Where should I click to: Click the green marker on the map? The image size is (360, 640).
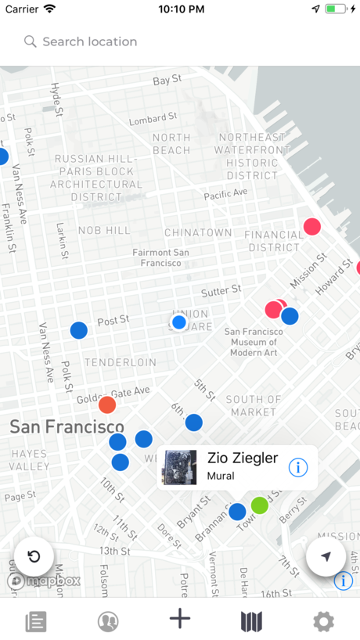260,505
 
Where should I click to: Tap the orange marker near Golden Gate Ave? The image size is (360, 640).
107,404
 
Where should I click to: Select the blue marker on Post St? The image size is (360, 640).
79,330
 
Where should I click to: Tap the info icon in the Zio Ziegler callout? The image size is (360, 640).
298,467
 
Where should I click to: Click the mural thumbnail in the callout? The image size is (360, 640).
179,467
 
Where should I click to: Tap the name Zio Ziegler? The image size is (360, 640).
243,458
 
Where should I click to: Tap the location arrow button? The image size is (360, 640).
326,556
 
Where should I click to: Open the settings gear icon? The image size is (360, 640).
323,622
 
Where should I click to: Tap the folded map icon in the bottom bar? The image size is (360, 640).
251,622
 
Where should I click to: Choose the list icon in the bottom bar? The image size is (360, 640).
36,622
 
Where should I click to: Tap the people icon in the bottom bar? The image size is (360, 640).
108,622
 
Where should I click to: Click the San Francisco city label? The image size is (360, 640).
67,427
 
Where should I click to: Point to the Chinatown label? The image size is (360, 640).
198,232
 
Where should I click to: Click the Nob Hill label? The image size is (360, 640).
104,230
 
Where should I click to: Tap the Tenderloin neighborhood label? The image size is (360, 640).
121,363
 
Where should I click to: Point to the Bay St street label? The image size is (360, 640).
167,81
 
